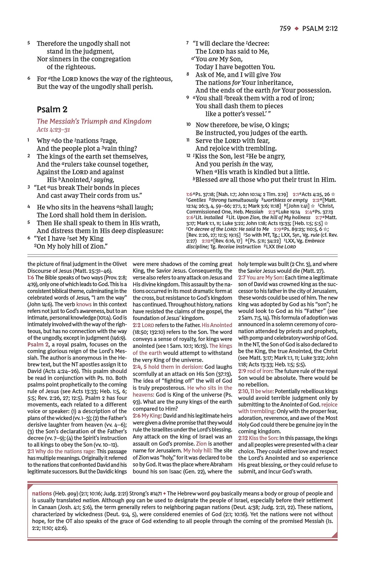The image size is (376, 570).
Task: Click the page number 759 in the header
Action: click(285, 29)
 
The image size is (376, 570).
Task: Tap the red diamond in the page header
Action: click(296, 29)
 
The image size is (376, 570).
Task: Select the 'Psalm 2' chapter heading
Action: click(52, 109)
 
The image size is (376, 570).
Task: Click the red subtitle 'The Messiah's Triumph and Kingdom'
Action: click(94, 121)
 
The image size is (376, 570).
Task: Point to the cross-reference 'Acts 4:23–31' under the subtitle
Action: click(53, 130)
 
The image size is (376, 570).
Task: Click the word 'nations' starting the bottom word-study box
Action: click(42, 493)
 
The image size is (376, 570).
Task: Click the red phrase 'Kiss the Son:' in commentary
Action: click(263, 438)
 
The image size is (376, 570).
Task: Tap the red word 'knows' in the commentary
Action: click(84, 304)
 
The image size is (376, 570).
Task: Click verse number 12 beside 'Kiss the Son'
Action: click(188, 156)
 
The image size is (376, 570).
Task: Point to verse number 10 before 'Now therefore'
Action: click(189, 125)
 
